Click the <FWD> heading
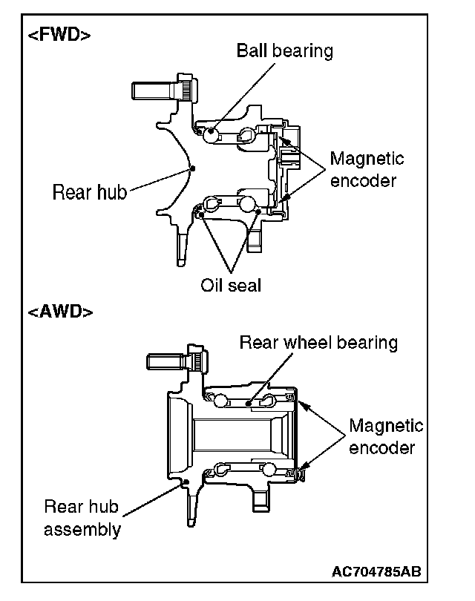coord(60,35)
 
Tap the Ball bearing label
coord(284,50)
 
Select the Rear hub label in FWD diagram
coord(90,193)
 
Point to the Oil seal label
coord(231,285)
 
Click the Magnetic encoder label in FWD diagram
coord(367,170)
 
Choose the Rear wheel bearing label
coord(318,343)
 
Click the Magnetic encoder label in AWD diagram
coord(386,437)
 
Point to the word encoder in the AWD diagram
coord(381,447)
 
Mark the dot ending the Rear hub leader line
coord(192,168)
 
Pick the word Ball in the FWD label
coord(251,50)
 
